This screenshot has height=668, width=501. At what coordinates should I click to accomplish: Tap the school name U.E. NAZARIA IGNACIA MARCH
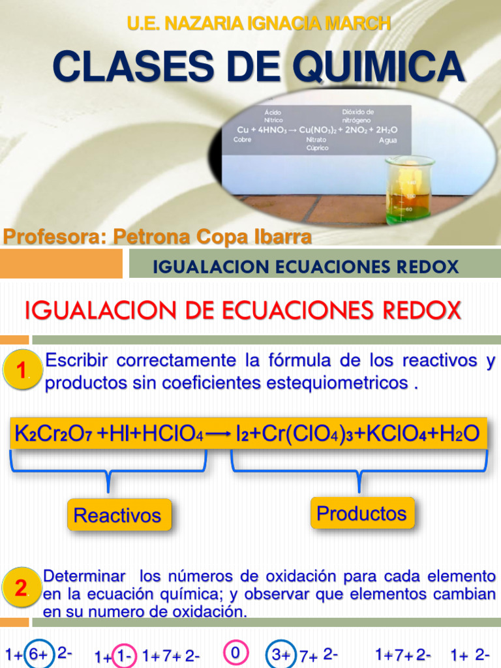[259, 23]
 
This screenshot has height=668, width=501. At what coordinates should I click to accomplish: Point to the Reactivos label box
[117, 515]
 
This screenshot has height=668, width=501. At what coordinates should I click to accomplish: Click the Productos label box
[361, 513]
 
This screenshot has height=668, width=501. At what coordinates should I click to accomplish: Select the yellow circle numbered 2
[22, 588]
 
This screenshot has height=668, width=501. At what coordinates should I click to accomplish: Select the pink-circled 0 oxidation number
[235, 652]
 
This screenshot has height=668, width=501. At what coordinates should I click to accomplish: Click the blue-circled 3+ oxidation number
[281, 654]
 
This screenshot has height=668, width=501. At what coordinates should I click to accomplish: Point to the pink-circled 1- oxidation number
[122, 656]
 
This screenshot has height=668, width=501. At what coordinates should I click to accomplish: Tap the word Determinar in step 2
[84, 577]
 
